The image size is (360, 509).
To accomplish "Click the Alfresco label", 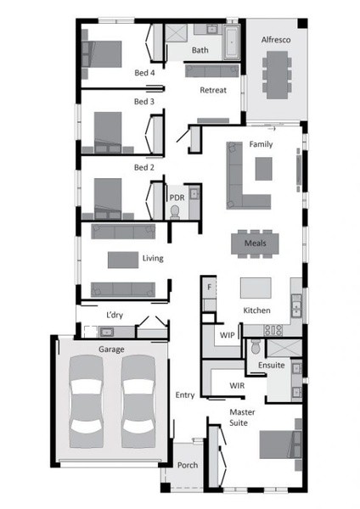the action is [276, 40].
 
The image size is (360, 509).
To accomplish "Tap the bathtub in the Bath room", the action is [232, 42].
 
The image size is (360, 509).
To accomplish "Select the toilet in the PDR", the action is [175, 211].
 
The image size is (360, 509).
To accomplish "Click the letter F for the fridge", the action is [209, 287].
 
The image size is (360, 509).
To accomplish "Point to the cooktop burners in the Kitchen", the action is [273, 331].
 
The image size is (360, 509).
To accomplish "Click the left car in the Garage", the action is [86, 401].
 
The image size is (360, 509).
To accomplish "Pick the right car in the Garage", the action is [138, 401].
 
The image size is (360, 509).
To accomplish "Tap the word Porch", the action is [188, 465].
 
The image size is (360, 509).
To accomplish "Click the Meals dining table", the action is [255, 243].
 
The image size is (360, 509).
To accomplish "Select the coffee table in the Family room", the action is [263, 169].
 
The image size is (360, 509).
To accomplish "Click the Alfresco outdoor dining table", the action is [277, 75].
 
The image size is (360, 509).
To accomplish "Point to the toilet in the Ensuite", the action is [256, 346].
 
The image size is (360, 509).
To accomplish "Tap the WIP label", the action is [227, 335].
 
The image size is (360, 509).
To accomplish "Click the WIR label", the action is [237, 386].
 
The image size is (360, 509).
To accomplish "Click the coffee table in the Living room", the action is [123, 260].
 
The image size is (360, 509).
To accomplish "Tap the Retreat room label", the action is [213, 90].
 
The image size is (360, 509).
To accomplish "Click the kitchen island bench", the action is [256, 288].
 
